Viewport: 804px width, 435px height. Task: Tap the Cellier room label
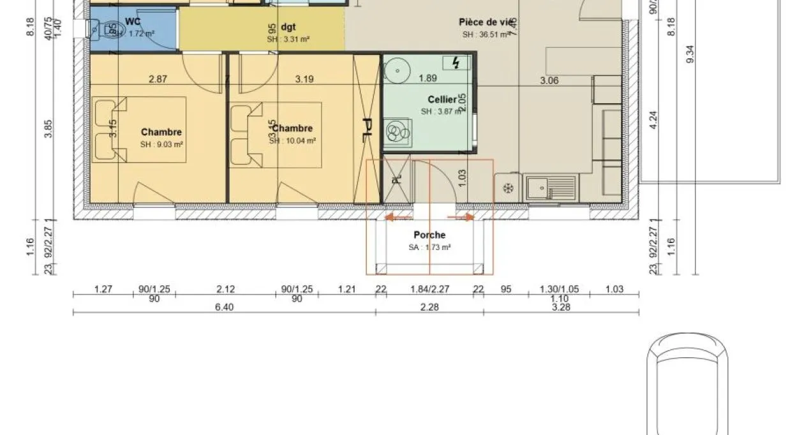[x=442, y=100]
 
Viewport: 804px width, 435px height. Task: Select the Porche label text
[x=429, y=235]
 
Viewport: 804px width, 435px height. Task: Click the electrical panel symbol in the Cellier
[x=456, y=63]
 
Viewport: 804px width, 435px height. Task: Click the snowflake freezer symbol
[x=509, y=188]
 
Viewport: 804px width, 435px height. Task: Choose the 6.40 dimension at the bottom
[x=225, y=307]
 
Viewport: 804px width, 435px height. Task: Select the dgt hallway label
[x=288, y=27]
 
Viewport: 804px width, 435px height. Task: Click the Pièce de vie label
[x=484, y=22]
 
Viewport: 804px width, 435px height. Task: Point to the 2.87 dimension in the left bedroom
[x=158, y=80]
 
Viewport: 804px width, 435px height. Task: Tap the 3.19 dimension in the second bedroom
[x=304, y=80]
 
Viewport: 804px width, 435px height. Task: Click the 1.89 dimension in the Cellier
[x=428, y=78]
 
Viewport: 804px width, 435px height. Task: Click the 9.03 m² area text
[x=161, y=145]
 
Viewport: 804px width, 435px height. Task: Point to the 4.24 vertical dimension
[x=653, y=121]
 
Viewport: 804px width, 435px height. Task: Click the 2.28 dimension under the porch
[x=429, y=307]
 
